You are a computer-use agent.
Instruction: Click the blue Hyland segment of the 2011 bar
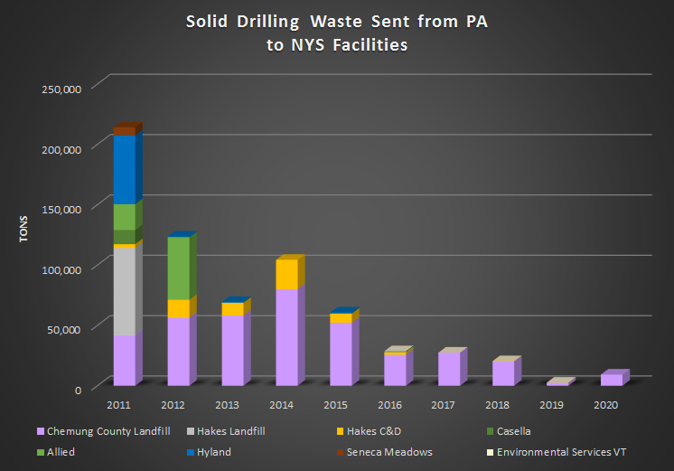tap(124, 170)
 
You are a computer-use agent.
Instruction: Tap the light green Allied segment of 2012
tap(178, 268)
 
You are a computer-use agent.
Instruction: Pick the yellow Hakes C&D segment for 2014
tap(286, 274)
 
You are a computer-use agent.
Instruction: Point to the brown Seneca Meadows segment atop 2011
tap(124, 131)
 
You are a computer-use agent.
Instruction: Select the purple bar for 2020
tap(612, 380)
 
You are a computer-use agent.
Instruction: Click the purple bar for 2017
tap(449, 369)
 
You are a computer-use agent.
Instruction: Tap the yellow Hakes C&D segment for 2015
tap(341, 318)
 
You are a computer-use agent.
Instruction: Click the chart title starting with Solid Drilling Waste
tap(336, 33)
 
